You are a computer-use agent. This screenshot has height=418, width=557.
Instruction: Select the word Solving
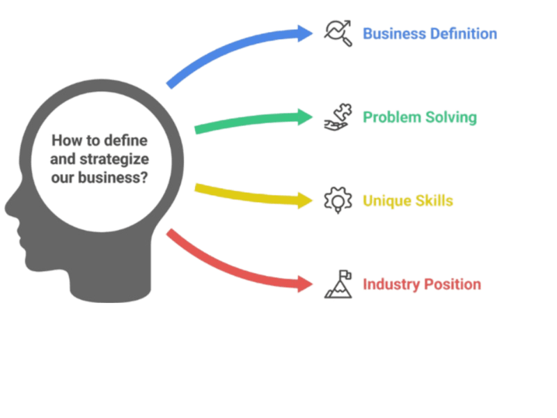click(x=452, y=117)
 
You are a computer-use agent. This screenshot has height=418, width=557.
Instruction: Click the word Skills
click(x=435, y=201)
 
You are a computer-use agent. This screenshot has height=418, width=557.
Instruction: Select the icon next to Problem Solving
click(x=338, y=117)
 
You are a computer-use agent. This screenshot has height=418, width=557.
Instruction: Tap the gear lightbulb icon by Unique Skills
click(x=338, y=201)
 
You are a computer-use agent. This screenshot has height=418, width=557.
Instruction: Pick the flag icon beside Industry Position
click(x=338, y=284)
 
